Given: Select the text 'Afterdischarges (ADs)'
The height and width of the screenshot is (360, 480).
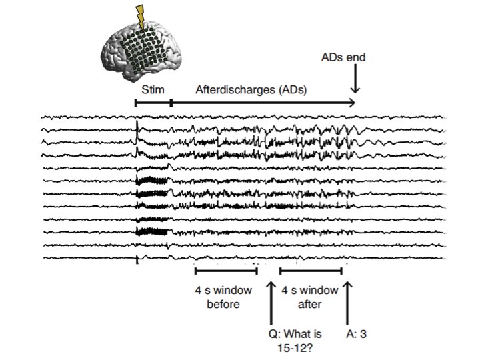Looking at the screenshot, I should (251, 89).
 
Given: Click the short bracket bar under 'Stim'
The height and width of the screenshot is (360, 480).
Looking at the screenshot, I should (153, 103).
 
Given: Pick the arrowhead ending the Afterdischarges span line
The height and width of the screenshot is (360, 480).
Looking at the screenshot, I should (351, 103).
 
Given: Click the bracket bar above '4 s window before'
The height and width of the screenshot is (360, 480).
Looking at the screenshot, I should (226, 271).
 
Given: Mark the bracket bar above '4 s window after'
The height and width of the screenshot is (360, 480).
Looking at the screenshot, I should (311, 271).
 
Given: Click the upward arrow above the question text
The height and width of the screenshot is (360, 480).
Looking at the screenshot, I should (270, 300).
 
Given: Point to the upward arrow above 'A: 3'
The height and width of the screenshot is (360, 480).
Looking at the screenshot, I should (348, 300).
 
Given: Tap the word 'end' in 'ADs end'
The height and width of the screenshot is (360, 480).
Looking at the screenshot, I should (357, 58).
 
